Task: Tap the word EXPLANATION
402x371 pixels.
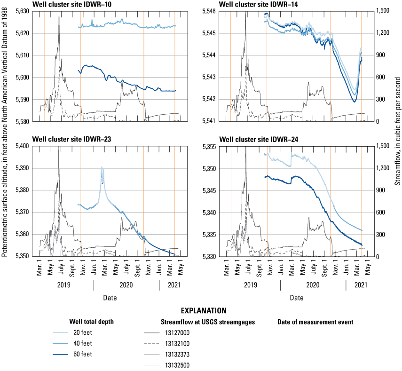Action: (x=204, y=311)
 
